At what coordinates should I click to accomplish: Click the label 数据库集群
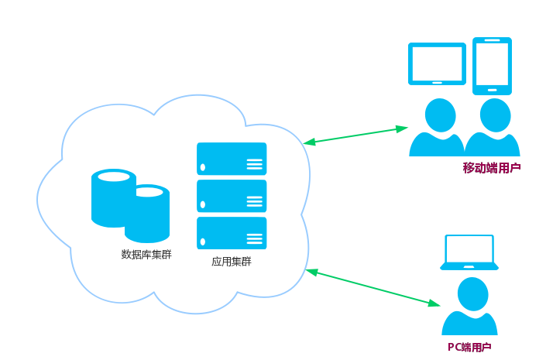pyautogui.click(x=146, y=254)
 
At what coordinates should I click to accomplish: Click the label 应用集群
pyautogui.click(x=231, y=262)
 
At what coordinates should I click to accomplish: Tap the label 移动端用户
pyautogui.click(x=492, y=167)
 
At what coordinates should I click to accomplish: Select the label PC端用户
pyautogui.click(x=469, y=347)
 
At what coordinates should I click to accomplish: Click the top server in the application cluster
pyautogui.click(x=232, y=159)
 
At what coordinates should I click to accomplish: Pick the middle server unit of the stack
pyautogui.click(x=232, y=196)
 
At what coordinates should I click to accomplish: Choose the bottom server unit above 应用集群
pyautogui.click(x=232, y=233)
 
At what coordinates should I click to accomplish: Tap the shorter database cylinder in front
pyautogui.click(x=147, y=217)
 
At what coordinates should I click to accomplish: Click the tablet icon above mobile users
pyautogui.click(x=437, y=63)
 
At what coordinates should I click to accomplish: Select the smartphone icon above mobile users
pyautogui.click(x=492, y=65)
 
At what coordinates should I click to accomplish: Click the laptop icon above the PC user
pyautogui.click(x=469, y=252)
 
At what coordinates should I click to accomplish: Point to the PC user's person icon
pyautogui.click(x=469, y=307)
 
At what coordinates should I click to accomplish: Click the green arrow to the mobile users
pyautogui.click(x=355, y=135)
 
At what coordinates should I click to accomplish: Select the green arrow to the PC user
pyautogui.click(x=373, y=287)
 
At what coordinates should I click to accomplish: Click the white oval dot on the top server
pyautogui.click(x=203, y=167)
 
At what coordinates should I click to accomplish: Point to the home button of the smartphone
pyautogui.click(x=492, y=89)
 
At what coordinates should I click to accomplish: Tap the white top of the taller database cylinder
pyautogui.click(x=114, y=177)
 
